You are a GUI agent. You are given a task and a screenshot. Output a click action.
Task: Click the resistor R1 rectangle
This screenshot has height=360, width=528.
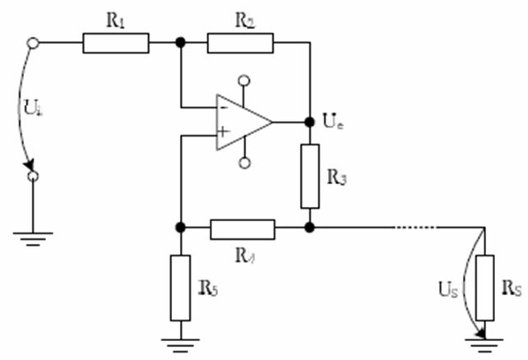point(116,43)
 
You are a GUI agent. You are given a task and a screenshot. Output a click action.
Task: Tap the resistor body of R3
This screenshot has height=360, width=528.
point(309,176)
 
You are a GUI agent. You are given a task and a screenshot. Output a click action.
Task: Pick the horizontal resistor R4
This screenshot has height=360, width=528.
point(243,228)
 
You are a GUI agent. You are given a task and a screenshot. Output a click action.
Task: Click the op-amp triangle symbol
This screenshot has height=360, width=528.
point(243,122)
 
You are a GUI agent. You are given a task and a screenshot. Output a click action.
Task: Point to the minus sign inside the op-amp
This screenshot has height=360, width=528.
point(223,106)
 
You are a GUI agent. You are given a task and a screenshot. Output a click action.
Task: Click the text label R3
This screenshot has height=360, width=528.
point(335,176)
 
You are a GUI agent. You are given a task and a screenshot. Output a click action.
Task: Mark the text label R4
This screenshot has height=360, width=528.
point(243,251)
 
